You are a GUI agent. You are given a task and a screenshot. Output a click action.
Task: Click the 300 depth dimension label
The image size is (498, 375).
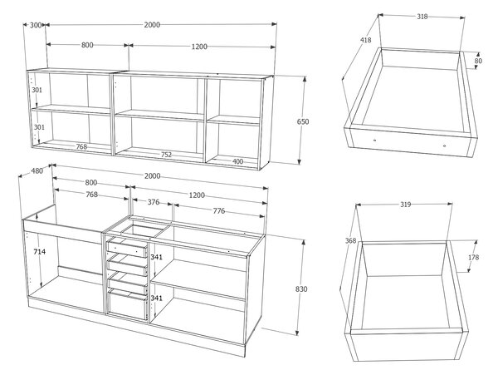[x=36, y=25]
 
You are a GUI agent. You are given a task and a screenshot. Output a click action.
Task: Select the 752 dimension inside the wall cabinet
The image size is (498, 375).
[x=166, y=155]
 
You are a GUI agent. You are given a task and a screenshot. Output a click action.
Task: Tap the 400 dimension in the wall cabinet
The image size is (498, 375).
[x=237, y=161]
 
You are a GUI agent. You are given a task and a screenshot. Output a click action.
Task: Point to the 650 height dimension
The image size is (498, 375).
[x=303, y=121]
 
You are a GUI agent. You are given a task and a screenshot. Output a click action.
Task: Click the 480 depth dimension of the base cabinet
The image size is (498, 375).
[x=37, y=170]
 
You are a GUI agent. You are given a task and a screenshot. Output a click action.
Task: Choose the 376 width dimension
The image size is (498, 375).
[x=154, y=202]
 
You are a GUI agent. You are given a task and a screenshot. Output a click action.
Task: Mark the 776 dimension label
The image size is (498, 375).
[x=219, y=210]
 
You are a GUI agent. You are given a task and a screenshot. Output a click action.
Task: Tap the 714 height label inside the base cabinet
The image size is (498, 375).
[x=40, y=252]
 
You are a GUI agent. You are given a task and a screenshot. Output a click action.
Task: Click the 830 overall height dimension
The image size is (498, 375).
[x=301, y=289]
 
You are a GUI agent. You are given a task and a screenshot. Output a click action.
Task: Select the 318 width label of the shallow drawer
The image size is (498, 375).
[x=422, y=17]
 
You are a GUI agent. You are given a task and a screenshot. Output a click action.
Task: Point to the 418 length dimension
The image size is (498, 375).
[x=365, y=40]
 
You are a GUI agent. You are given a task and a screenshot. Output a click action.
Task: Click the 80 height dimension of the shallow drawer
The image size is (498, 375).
[x=478, y=61]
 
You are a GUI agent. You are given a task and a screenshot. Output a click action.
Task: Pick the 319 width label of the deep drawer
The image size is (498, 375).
[x=405, y=205]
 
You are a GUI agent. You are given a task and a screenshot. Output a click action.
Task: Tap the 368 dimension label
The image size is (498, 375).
[x=350, y=241]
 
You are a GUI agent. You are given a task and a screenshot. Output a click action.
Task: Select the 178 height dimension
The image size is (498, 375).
[x=473, y=257]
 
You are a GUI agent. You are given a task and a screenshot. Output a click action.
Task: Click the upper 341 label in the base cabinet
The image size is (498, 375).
[x=156, y=257]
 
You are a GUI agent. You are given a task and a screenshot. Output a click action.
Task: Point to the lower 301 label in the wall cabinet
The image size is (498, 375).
[x=39, y=127]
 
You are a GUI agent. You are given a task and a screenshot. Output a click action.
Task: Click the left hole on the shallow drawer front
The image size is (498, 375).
[x=375, y=140]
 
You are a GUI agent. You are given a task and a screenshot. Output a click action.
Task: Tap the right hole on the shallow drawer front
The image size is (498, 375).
[x=444, y=146]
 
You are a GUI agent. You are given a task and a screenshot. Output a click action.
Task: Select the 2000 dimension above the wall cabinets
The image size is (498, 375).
[x=152, y=25]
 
